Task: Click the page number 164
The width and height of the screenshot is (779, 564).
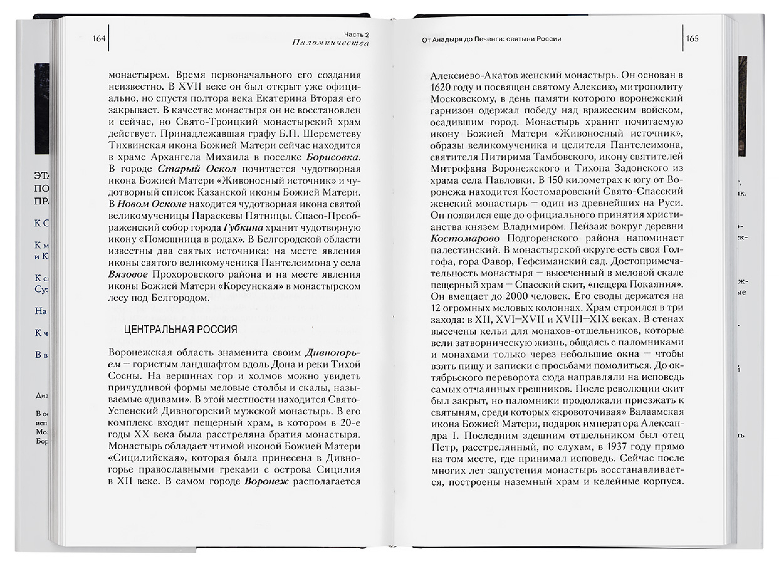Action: click(x=99, y=38)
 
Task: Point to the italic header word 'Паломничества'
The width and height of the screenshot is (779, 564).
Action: click(x=330, y=43)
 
